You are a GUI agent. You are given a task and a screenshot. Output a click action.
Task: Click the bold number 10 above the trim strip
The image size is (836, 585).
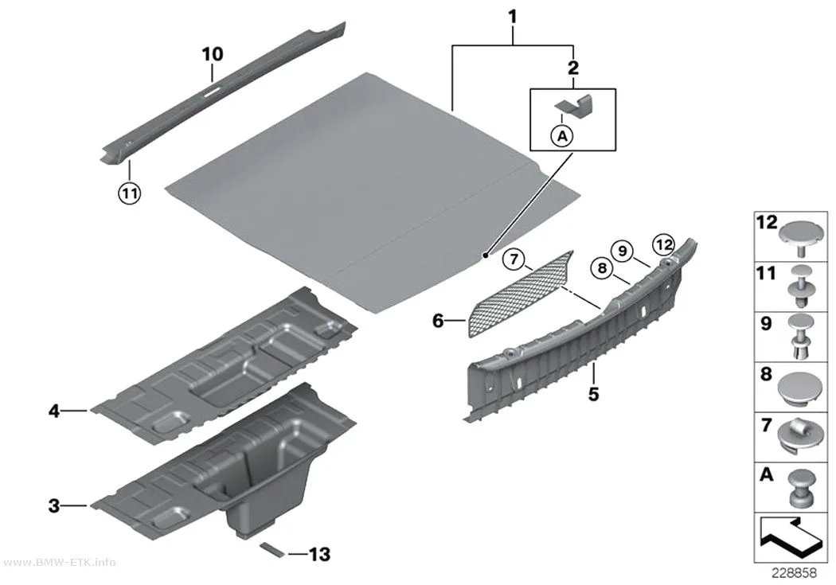(213, 54)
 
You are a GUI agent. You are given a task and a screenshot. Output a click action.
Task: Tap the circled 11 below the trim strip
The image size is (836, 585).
(130, 193)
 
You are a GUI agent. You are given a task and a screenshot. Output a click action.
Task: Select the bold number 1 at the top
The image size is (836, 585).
(513, 17)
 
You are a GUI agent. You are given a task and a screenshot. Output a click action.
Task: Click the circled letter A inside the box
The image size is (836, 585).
(562, 136)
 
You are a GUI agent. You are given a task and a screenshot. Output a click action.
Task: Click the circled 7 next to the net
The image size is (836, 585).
(514, 259)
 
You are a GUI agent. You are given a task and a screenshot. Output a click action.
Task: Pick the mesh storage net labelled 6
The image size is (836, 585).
(521, 294)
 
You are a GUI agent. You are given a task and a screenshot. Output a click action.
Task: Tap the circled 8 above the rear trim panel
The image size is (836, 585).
(602, 267)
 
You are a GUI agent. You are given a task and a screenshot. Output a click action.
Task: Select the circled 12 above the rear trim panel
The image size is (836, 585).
(664, 244)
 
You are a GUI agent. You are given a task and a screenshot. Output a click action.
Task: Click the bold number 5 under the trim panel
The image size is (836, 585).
(594, 394)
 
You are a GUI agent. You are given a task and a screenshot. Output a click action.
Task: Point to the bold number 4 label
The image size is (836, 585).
(54, 411)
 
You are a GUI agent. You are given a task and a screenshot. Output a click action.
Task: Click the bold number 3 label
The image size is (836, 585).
(54, 505)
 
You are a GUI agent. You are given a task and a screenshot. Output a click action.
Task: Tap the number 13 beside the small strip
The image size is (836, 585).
(319, 555)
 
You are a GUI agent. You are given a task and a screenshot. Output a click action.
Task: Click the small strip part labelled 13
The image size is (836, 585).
(272, 550)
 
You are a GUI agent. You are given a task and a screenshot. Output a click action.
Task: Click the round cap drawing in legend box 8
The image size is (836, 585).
(800, 388)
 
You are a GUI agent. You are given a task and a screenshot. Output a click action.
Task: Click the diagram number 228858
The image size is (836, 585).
(794, 573)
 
